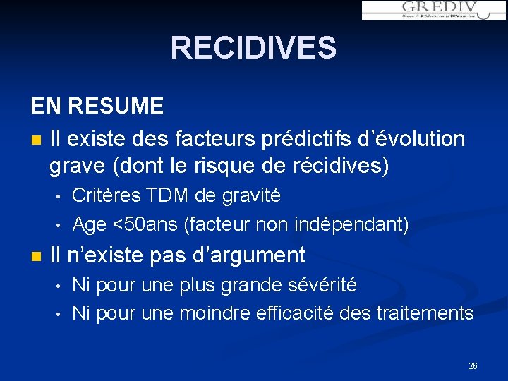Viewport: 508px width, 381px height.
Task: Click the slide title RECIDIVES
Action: (253, 48)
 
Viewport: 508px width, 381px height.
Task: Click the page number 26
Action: (473, 365)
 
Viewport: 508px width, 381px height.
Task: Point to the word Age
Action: (90, 225)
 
